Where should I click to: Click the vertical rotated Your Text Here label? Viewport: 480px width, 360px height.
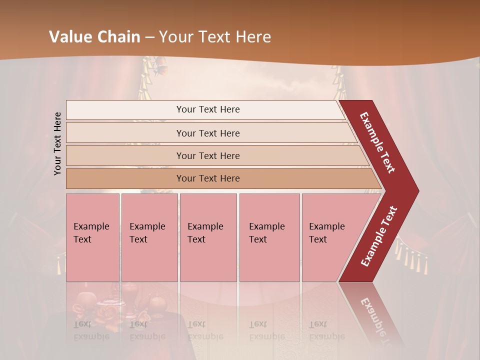pyautogui.click(x=57, y=144)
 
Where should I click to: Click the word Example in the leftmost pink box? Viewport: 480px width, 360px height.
pyautogui.click(x=91, y=226)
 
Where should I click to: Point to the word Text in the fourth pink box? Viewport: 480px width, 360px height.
pyautogui.click(x=258, y=239)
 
